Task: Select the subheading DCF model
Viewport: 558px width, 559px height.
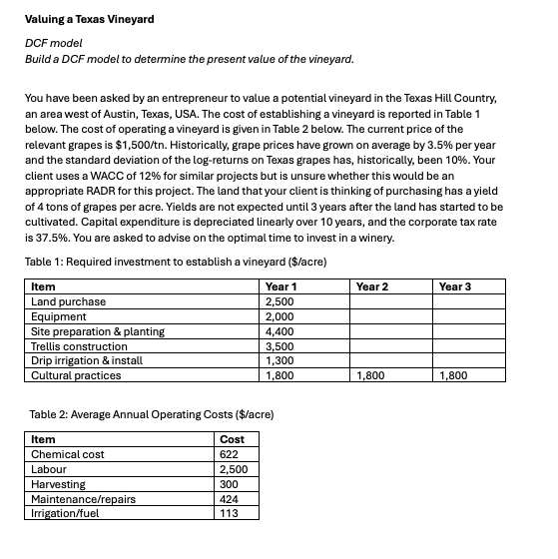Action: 53,45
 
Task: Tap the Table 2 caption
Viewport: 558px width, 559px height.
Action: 151,413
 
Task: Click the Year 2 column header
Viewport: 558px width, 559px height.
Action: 372,286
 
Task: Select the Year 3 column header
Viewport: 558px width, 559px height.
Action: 455,286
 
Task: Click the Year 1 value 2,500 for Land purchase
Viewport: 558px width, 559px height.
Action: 279,301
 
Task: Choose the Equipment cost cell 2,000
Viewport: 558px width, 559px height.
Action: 279,316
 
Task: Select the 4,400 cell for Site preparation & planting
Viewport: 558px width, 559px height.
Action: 279,331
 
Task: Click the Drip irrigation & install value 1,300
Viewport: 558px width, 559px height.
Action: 279,360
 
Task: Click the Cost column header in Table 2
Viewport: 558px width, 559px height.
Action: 232,439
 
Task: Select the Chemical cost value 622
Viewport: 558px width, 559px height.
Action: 229,454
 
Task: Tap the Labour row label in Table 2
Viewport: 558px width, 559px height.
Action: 50,469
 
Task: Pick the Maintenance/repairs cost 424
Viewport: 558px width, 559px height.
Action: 230,499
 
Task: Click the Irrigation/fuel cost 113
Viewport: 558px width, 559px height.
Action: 229,513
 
